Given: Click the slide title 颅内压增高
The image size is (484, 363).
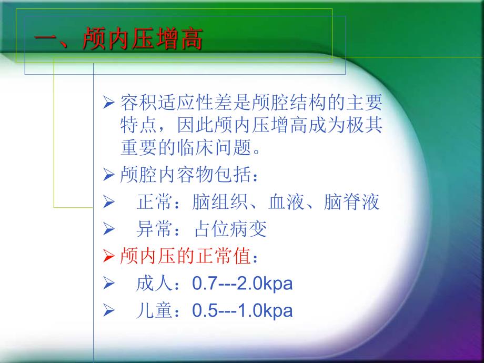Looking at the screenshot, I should pos(142,41).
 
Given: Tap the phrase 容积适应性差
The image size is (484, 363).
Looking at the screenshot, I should pos(168,100).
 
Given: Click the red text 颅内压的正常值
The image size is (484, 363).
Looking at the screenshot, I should pos(182,257).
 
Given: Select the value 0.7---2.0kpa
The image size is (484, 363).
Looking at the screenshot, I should pos(243,284).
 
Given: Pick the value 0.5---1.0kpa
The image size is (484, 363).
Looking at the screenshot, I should pos(243,311).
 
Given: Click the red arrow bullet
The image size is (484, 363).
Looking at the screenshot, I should pos(108,257).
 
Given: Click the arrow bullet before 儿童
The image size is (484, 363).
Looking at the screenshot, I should pos(108,311).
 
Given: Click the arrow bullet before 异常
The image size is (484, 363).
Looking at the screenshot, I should pos(108,229).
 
